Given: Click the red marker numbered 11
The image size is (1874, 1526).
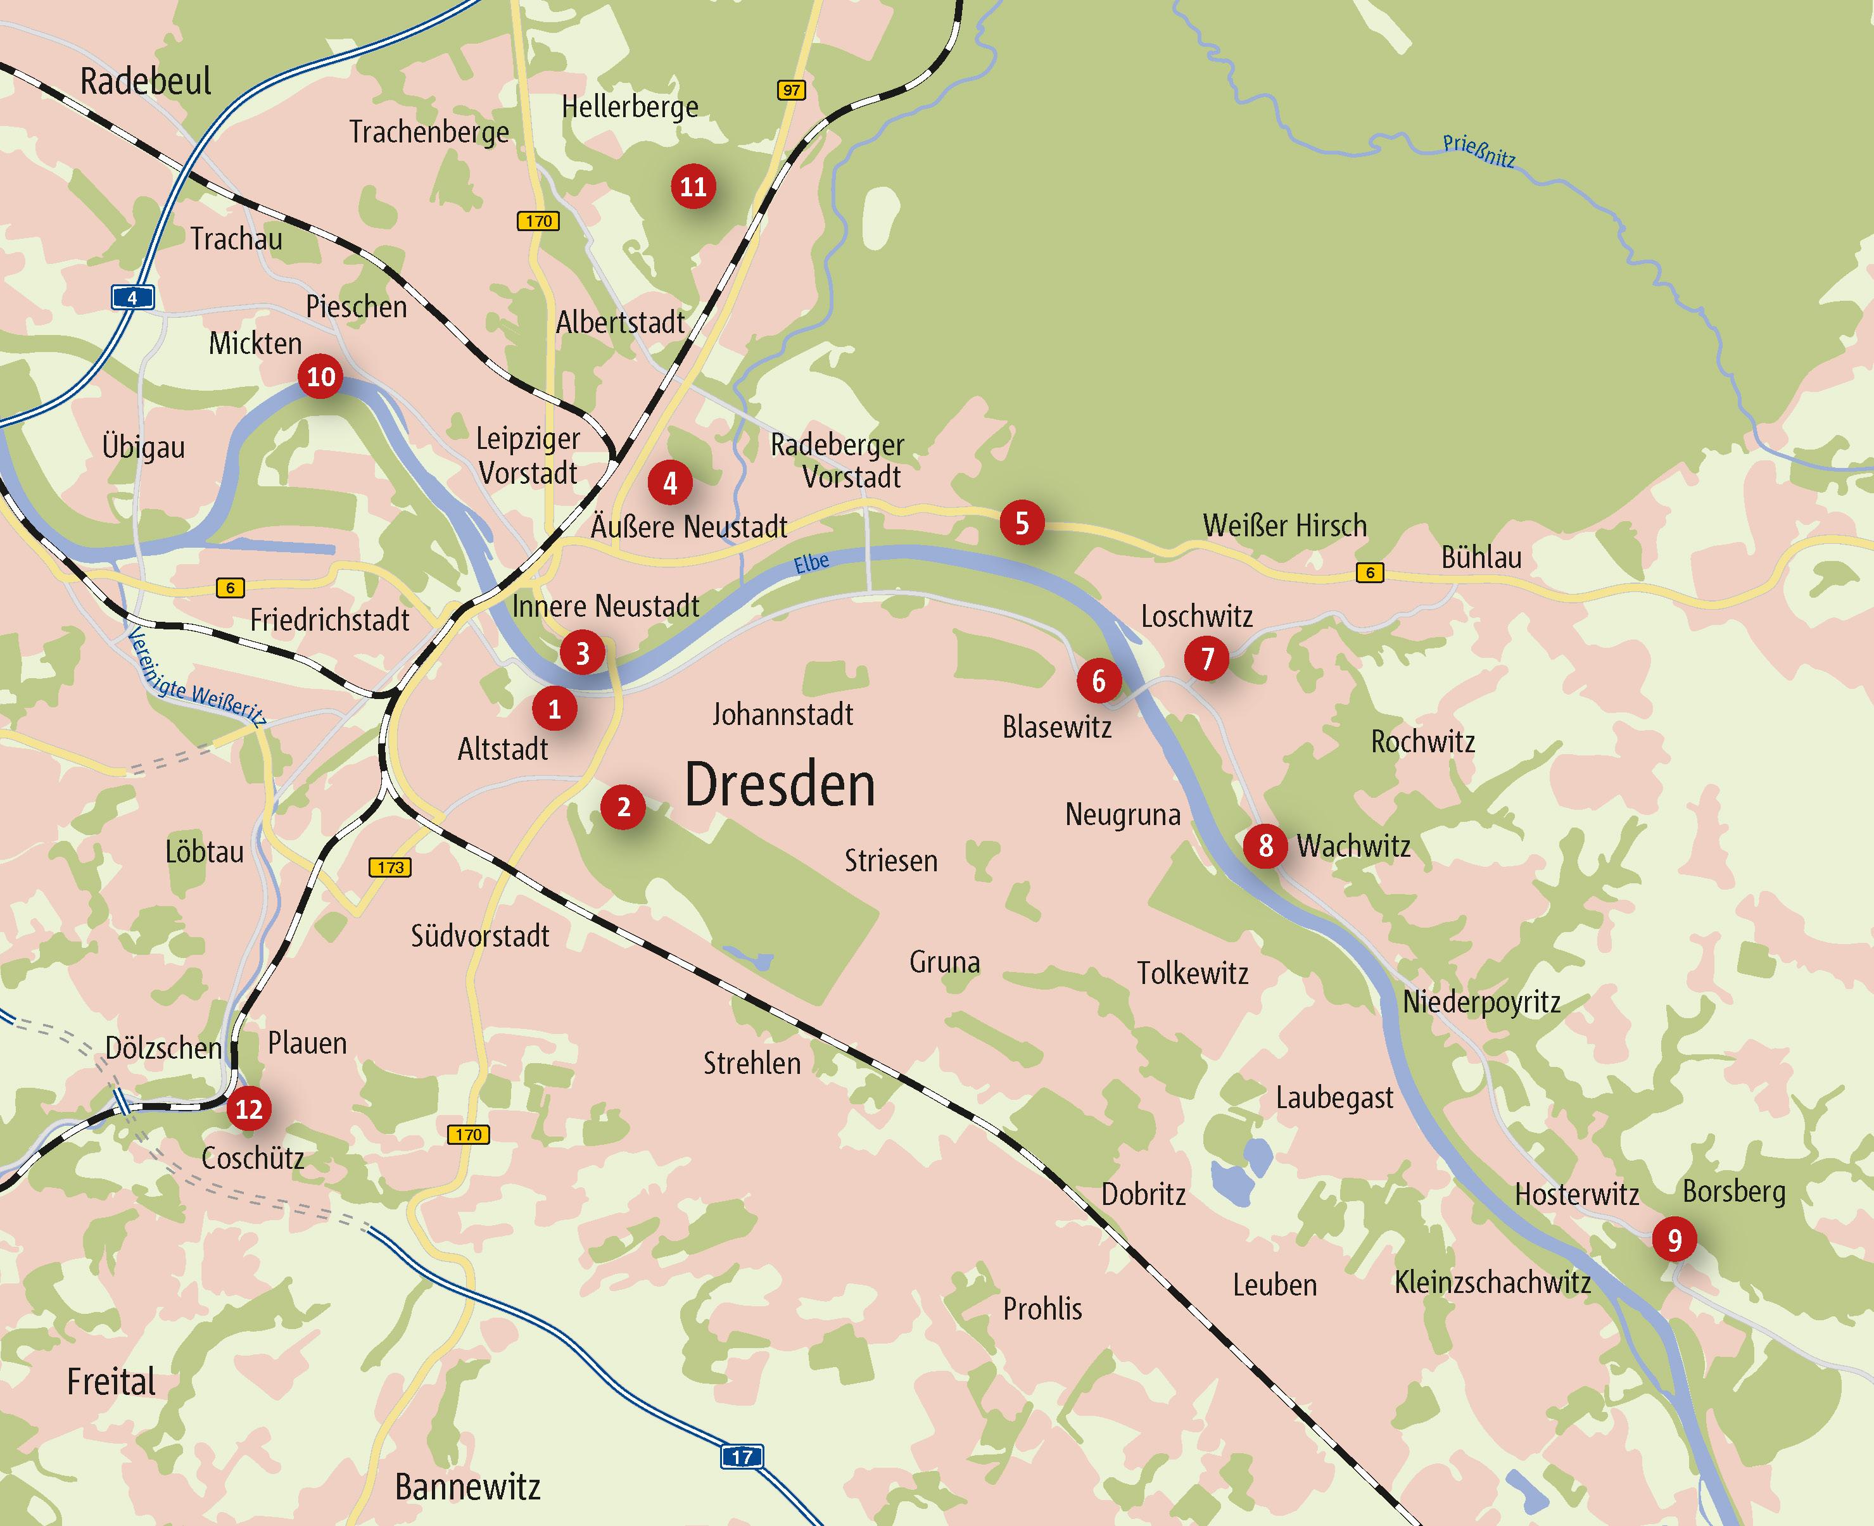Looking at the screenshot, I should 693,186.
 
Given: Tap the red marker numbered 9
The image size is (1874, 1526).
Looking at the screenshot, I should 1675,1239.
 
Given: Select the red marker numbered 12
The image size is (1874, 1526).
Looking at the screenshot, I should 249,1109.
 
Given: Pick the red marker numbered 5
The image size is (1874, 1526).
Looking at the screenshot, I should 1022,523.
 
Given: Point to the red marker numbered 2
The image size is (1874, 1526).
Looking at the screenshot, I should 623,807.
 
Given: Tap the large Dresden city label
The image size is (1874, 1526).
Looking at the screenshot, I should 780,785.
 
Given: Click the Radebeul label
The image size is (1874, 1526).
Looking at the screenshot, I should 145,81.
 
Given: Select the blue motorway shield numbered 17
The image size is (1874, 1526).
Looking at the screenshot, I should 741,1456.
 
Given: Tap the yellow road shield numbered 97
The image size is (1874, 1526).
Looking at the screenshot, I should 791,90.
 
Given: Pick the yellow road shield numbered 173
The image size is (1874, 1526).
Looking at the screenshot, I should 390,867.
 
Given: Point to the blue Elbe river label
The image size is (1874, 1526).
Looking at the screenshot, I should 811,562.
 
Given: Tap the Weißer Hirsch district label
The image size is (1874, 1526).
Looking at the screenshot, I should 1284,526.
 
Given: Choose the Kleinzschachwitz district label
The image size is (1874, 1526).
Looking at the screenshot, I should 1493,1282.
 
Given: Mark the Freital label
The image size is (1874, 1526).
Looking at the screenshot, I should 111,1382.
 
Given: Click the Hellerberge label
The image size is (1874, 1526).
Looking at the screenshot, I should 630,107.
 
